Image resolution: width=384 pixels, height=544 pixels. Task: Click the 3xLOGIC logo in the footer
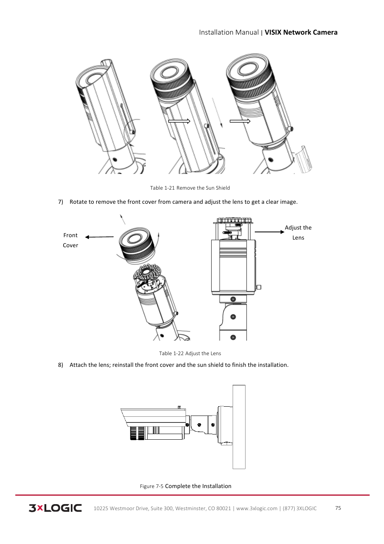[x=55, y=508]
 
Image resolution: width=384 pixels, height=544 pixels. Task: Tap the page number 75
[x=338, y=508]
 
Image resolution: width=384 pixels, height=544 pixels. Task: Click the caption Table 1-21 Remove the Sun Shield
[x=190, y=188]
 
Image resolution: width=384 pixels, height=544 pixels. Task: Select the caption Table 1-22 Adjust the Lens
[x=190, y=353]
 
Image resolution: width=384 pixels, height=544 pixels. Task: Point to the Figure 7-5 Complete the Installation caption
[x=186, y=486]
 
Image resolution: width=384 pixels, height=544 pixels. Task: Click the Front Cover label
[x=70, y=240]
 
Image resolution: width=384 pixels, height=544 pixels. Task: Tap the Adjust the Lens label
[x=298, y=232]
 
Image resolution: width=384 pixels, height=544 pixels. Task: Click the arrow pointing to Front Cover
[x=99, y=237]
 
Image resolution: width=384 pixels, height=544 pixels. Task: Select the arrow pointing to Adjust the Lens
[x=269, y=232]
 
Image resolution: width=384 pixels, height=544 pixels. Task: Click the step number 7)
[x=60, y=202]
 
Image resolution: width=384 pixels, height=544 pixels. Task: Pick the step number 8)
[x=60, y=365]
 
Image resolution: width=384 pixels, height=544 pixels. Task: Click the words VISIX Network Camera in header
[x=301, y=32]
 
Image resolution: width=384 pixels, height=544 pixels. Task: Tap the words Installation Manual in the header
[x=229, y=32]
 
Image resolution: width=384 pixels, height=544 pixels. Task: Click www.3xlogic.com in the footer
[x=256, y=508]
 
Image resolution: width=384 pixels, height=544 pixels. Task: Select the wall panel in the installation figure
[x=239, y=427]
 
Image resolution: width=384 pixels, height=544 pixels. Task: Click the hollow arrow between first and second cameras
[x=179, y=121]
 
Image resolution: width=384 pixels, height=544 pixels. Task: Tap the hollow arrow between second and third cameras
[x=240, y=121]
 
